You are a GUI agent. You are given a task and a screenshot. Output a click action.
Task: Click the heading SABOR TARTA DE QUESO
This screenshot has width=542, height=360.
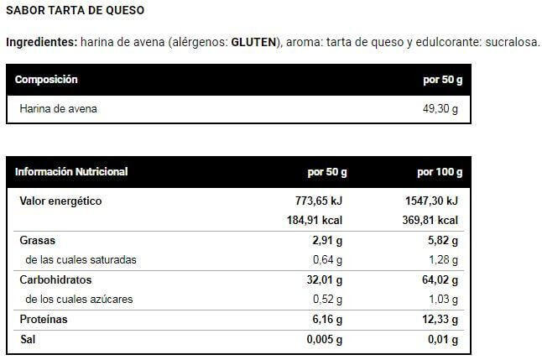point(75,10)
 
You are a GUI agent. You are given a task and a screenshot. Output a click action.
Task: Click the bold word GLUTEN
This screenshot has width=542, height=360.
point(253,42)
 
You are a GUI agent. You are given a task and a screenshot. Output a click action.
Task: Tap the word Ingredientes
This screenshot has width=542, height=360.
point(41,42)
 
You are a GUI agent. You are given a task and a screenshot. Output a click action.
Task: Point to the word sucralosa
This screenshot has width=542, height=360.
point(513,42)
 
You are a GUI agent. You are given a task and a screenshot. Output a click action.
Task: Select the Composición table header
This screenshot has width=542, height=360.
point(46,80)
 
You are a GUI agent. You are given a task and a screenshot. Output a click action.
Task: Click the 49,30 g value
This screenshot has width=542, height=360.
point(440,109)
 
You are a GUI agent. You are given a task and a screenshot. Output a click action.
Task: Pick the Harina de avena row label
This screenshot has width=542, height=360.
point(58,109)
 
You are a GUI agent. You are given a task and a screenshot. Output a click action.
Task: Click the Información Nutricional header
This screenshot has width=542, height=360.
point(71,172)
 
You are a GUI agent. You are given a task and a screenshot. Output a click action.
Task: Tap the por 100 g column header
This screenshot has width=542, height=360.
point(440,172)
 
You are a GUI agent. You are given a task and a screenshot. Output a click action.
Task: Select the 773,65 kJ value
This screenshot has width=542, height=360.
point(319,201)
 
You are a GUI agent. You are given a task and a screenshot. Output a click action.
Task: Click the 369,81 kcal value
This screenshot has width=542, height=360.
point(430,221)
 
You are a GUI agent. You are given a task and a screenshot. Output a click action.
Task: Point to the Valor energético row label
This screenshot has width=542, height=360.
point(60,201)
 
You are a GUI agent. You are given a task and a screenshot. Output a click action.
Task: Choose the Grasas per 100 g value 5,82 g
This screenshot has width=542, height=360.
point(443,240)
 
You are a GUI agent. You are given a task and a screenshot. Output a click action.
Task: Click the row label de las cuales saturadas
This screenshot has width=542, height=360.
point(81,259)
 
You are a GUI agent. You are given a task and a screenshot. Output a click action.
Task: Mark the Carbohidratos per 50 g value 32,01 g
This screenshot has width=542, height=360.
point(324,279)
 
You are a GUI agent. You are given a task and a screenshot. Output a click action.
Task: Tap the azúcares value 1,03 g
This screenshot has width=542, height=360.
point(443,299)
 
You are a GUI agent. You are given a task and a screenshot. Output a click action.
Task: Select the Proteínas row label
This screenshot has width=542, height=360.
point(44,319)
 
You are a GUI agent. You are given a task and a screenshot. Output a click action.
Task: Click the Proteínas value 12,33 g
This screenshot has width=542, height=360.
point(440,319)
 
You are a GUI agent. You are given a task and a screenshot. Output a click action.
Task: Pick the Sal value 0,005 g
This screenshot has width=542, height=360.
point(324,339)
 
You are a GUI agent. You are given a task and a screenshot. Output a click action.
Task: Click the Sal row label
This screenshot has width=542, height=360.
point(28,339)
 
